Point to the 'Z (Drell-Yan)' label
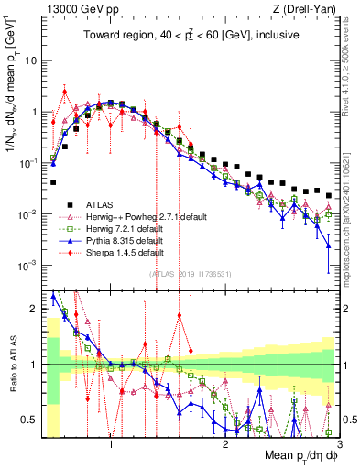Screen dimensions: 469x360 coord(306,8)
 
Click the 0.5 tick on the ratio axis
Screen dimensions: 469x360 coord(29,420)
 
